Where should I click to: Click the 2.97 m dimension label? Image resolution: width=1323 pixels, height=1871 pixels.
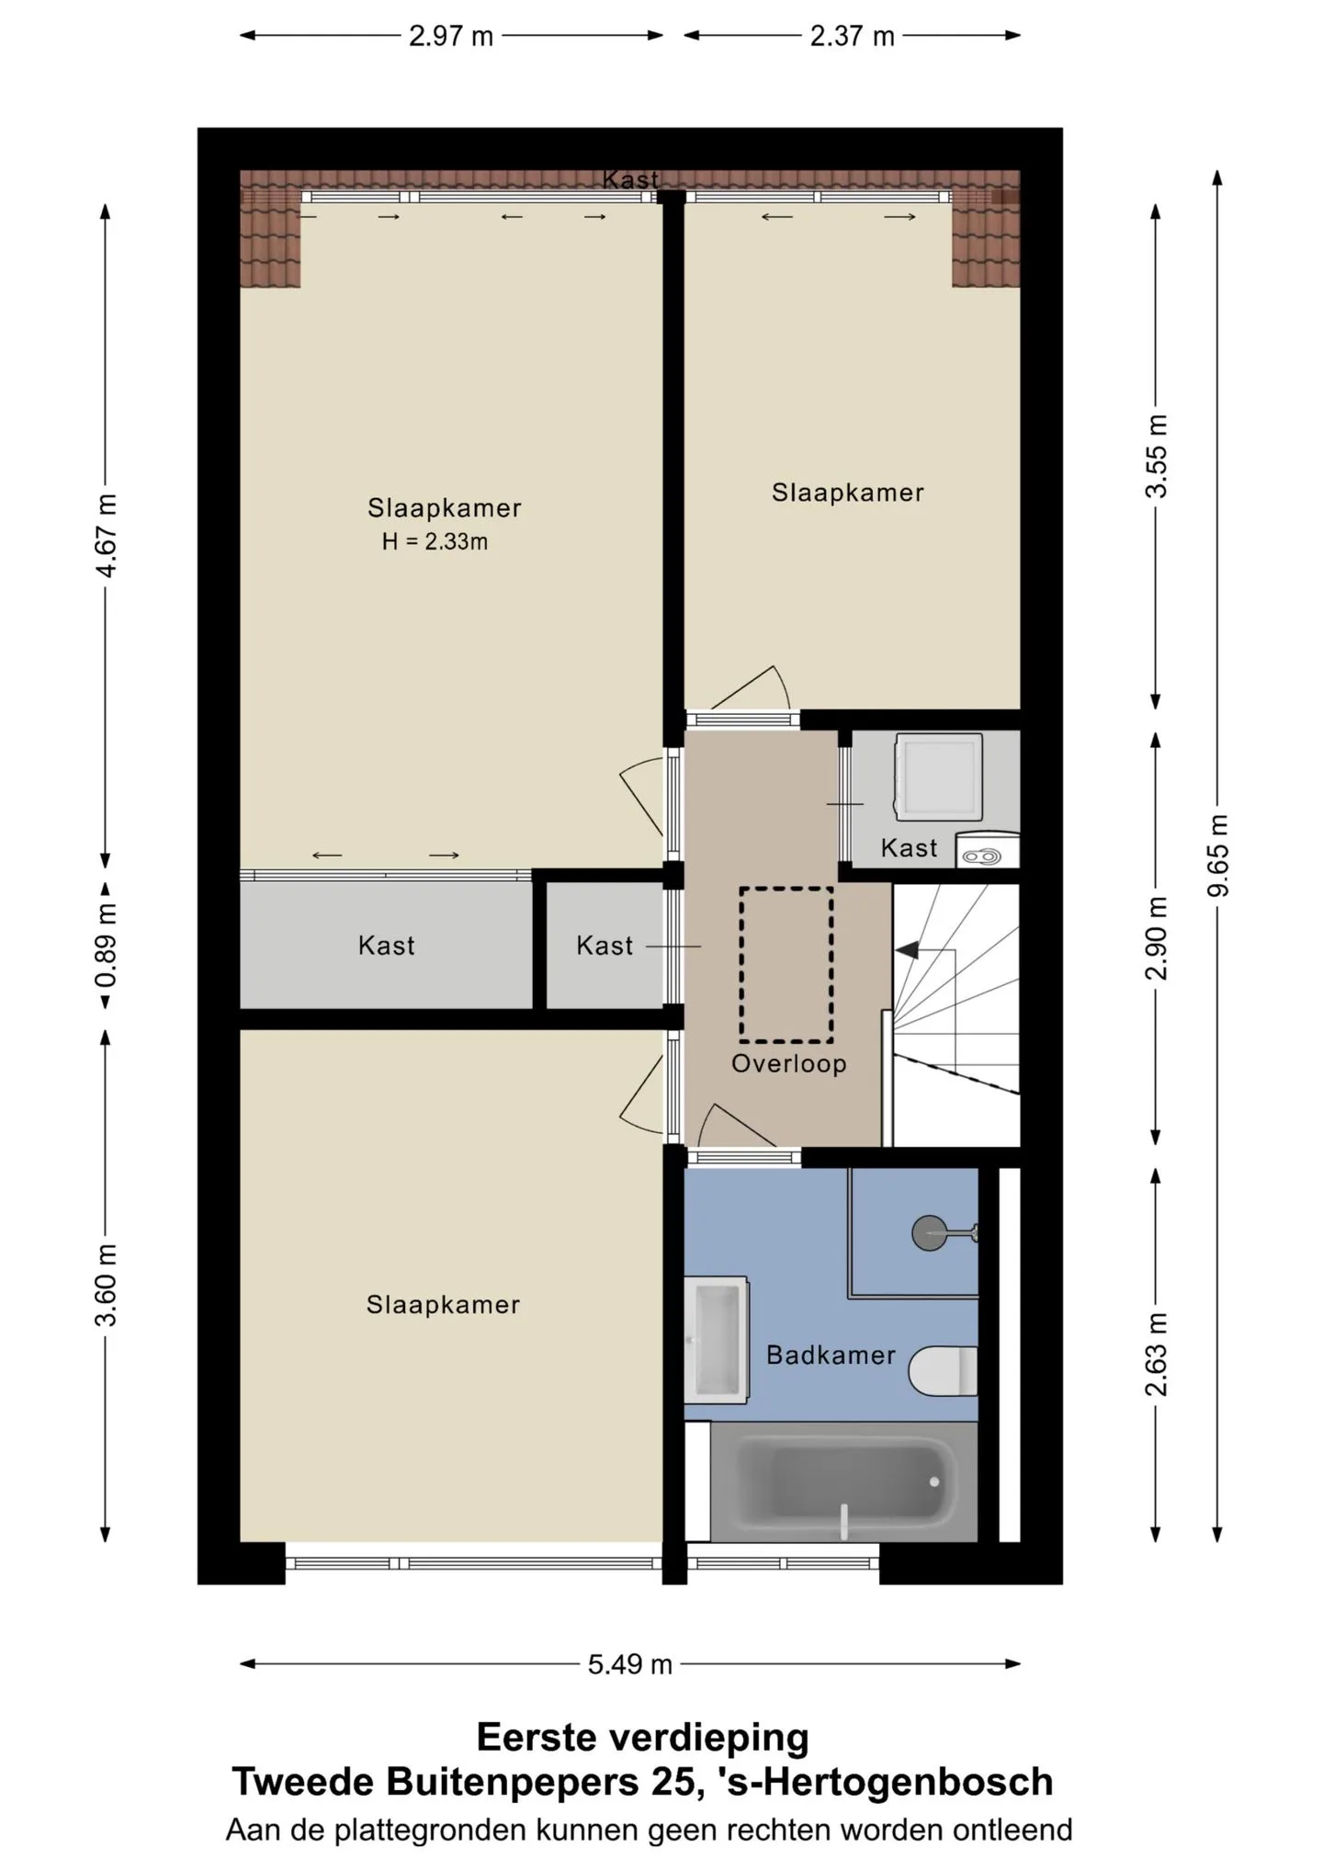451,36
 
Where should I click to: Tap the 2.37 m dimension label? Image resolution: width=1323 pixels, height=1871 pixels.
852,36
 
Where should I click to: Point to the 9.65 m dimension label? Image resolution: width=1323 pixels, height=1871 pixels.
1218,856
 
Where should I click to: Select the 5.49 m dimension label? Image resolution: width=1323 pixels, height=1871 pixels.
630,1664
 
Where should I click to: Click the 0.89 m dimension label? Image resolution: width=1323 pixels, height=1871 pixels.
107,946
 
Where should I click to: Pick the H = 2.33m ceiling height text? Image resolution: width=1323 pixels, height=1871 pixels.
435,541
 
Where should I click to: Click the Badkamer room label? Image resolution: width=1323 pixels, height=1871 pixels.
831,1355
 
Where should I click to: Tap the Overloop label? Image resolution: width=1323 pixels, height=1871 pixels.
788,1063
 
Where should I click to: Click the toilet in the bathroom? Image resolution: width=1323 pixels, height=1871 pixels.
944,1370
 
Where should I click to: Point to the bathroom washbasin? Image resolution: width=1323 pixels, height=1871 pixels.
717,1339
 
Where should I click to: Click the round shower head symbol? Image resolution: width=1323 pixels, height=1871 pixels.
930,1232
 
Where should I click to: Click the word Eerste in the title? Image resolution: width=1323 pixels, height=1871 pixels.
536,1737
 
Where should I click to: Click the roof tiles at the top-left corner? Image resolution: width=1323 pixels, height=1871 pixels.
270,229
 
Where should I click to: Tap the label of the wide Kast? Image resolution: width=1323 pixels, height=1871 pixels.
387,946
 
